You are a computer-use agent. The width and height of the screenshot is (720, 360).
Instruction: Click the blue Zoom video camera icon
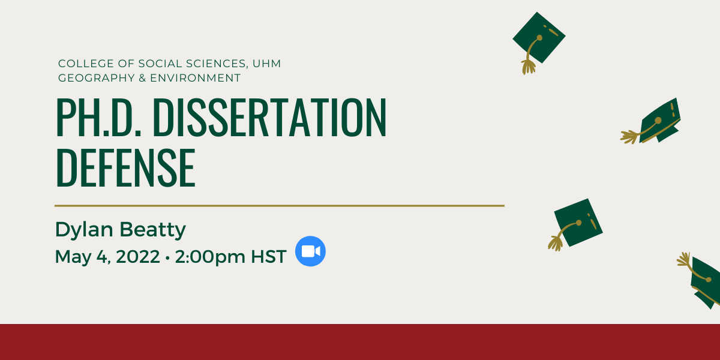point(311,251)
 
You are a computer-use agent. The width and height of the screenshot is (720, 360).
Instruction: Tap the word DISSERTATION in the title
point(269,118)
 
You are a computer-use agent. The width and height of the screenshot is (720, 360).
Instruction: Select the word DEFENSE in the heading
point(125,168)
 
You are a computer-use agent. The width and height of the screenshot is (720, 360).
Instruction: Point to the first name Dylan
point(84,230)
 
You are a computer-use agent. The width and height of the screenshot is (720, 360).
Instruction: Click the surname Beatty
point(152,230)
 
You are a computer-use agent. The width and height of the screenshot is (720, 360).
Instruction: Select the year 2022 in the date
point(137,257)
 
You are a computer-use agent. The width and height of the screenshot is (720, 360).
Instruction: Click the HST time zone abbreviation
point(268,257)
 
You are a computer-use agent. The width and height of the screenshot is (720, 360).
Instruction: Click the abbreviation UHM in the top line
point(266,64)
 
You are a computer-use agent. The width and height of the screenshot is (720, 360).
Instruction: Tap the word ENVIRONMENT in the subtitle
point(195,78)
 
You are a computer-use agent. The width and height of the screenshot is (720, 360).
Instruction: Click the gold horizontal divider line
point(280,206)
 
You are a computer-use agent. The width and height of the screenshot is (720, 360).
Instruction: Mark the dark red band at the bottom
point(360,342)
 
